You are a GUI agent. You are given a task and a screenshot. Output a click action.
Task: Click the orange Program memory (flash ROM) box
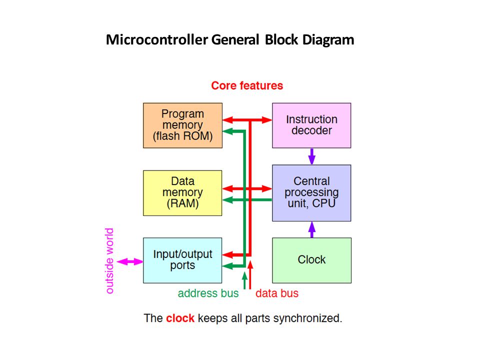tap(183, 125)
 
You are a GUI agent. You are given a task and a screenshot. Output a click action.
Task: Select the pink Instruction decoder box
tap(311, 125)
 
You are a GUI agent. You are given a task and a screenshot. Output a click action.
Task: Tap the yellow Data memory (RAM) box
tap(182, 193)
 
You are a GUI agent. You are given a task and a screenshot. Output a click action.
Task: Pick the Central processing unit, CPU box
tap(311, 193)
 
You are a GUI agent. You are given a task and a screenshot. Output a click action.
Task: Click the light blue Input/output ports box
tap(182, 260)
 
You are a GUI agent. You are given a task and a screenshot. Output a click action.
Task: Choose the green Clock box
tap(311, 260)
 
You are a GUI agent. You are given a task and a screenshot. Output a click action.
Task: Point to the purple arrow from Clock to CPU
tap(311, 229)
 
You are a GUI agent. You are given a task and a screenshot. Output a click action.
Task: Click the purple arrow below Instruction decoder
tap(311, 156)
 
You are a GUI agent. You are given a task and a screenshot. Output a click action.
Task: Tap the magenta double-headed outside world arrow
tap(130, 261)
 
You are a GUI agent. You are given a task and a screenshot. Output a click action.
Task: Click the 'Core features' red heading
tap(247, 85)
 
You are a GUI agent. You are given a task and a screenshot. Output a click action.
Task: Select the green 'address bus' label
tap(208, 293)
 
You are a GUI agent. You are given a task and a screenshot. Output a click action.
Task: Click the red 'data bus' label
tap(277, 293)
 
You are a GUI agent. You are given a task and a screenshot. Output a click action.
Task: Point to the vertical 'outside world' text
tap(109, 261)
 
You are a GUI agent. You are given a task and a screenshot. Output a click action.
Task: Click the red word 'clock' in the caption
tap(180, 318)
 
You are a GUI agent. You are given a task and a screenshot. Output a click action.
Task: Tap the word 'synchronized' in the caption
tap(307, 318)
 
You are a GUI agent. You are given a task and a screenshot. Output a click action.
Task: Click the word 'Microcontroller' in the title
tap(156, 40)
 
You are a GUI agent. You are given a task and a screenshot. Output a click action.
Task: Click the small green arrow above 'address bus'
tap(244, 280)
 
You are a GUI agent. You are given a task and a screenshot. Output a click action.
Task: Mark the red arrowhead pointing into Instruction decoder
tap(267, 120)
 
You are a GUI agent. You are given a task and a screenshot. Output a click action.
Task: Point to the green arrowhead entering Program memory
tap(227, 131)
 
